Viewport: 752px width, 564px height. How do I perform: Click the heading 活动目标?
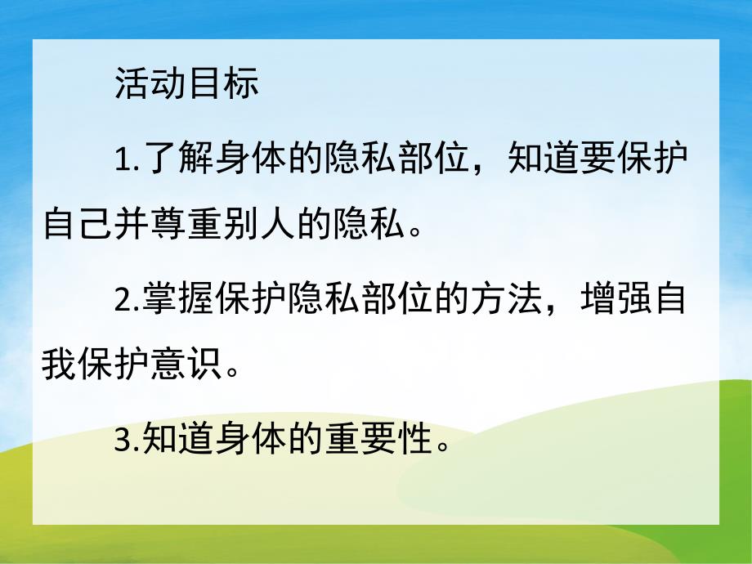click(x=187, y=84)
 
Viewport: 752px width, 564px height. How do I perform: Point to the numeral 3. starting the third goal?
click(x=128, y=442)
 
